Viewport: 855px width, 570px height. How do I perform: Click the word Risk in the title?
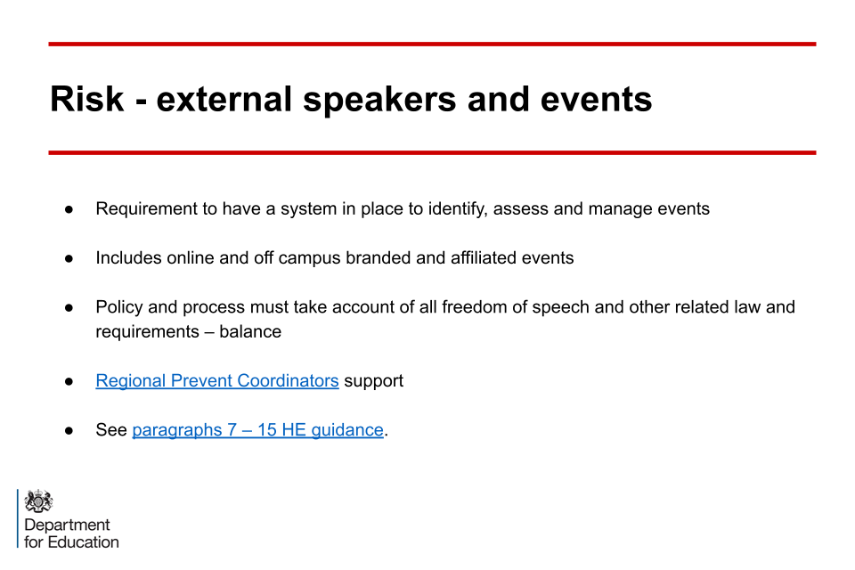86,99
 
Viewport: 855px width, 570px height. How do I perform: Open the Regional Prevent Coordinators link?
217,380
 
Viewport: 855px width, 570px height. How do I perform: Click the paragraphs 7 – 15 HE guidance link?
258,430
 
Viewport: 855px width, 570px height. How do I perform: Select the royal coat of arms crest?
38,501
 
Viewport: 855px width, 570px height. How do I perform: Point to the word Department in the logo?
67,525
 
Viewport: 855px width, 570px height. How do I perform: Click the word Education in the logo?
84,542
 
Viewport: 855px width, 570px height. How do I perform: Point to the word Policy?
118,307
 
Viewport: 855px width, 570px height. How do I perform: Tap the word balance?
250,331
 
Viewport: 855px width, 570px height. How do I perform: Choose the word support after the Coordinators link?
373,381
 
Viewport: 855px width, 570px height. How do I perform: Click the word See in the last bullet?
111,430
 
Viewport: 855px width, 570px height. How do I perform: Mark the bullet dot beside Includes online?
69,258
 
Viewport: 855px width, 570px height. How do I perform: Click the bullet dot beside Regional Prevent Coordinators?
69,381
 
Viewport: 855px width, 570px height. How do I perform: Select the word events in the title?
596,99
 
